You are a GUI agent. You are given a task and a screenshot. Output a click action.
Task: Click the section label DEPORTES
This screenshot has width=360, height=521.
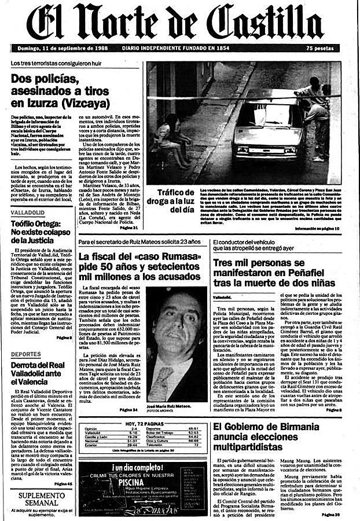pos(26,353)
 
